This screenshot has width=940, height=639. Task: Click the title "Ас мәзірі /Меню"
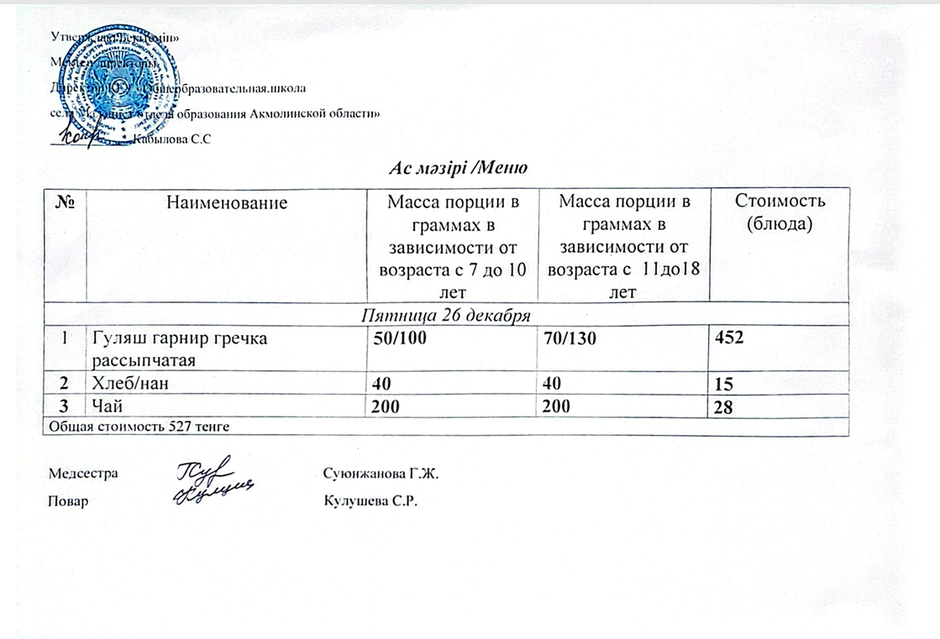(458, 168)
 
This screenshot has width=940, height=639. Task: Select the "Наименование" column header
(227, 202)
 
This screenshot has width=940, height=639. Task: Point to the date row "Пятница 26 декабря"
(445, 316)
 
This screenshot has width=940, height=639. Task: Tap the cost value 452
(729, 338)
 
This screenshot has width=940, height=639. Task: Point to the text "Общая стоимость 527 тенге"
(136, 427)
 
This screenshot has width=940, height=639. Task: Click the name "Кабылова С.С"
(167, 140)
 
